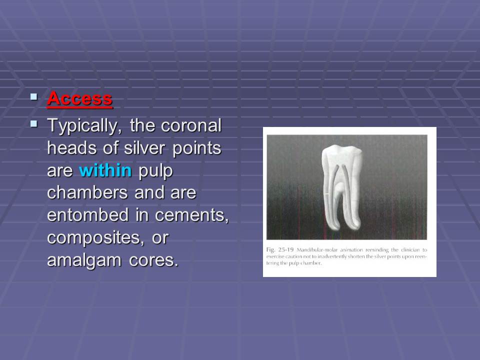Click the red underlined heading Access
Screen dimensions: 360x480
tap(79, 98)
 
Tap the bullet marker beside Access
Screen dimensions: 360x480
tap(33, 96)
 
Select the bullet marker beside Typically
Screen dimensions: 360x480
tap(33, 123)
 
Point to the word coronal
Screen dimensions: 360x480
tap(191, 125)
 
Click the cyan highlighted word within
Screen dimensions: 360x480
tap(105, 171)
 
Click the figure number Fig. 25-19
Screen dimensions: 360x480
tap(277, 249)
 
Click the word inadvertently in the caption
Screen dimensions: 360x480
tap(330, 256)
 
